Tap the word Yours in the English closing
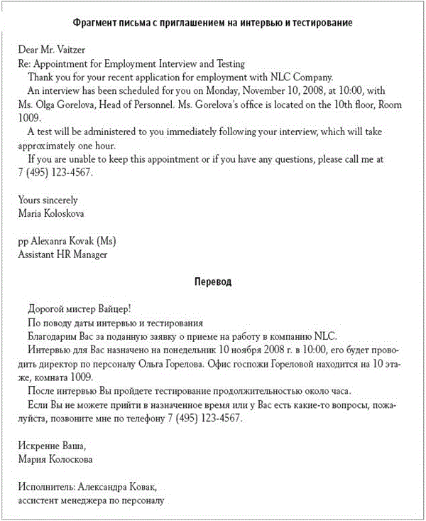(x=31, y=200)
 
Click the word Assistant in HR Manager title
(x=37, y=254)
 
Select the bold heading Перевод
(x=212, y=282)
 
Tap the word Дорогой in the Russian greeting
(x=46, y=310)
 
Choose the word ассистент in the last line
(x=40, y=500)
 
